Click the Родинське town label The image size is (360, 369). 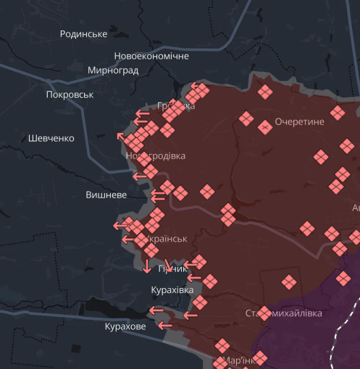click(84, 34)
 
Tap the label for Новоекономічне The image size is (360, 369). click(151, 56)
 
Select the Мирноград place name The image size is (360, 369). click(113, 70)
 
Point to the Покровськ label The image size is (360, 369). click(70, 94)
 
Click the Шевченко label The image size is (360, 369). click(51, 138)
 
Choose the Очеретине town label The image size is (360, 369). click(299, 122)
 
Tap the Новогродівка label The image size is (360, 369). click(155, 156)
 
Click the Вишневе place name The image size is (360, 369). click(106, 195)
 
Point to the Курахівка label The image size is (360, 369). click(172, 289)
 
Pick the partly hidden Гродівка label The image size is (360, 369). click(176, 106)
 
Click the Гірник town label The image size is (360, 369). click(172, 269)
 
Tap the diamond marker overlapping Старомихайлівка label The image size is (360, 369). click(264, 313)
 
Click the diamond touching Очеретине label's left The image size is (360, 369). click(264, 127)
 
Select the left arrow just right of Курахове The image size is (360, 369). click(165, 326)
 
